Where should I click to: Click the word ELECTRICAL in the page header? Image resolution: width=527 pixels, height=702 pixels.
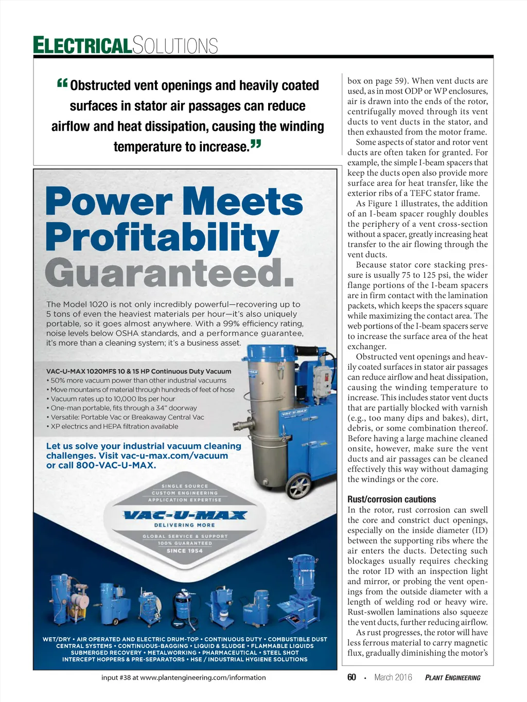(x=82, y=45)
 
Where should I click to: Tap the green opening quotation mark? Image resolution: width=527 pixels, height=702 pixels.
(x=62, y=83)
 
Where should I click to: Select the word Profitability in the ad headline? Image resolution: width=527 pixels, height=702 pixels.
(x=162, y=237)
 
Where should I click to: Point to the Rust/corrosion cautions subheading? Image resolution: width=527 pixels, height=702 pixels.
(x=391, y=499)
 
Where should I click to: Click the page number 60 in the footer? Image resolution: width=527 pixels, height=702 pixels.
(x=352, y=677)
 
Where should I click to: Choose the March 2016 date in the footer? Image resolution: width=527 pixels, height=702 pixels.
(x=393, y=677)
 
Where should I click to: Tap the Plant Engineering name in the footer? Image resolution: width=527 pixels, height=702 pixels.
(x=452, y=678)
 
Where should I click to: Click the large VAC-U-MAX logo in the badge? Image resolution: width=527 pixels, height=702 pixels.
(x=185, y=515)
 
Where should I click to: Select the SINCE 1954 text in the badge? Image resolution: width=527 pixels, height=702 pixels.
(x=185, y=551)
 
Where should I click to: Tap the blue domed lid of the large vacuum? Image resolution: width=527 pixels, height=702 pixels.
(x=273, y=353)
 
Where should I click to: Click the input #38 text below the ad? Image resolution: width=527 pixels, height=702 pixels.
(x=184, y=677)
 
